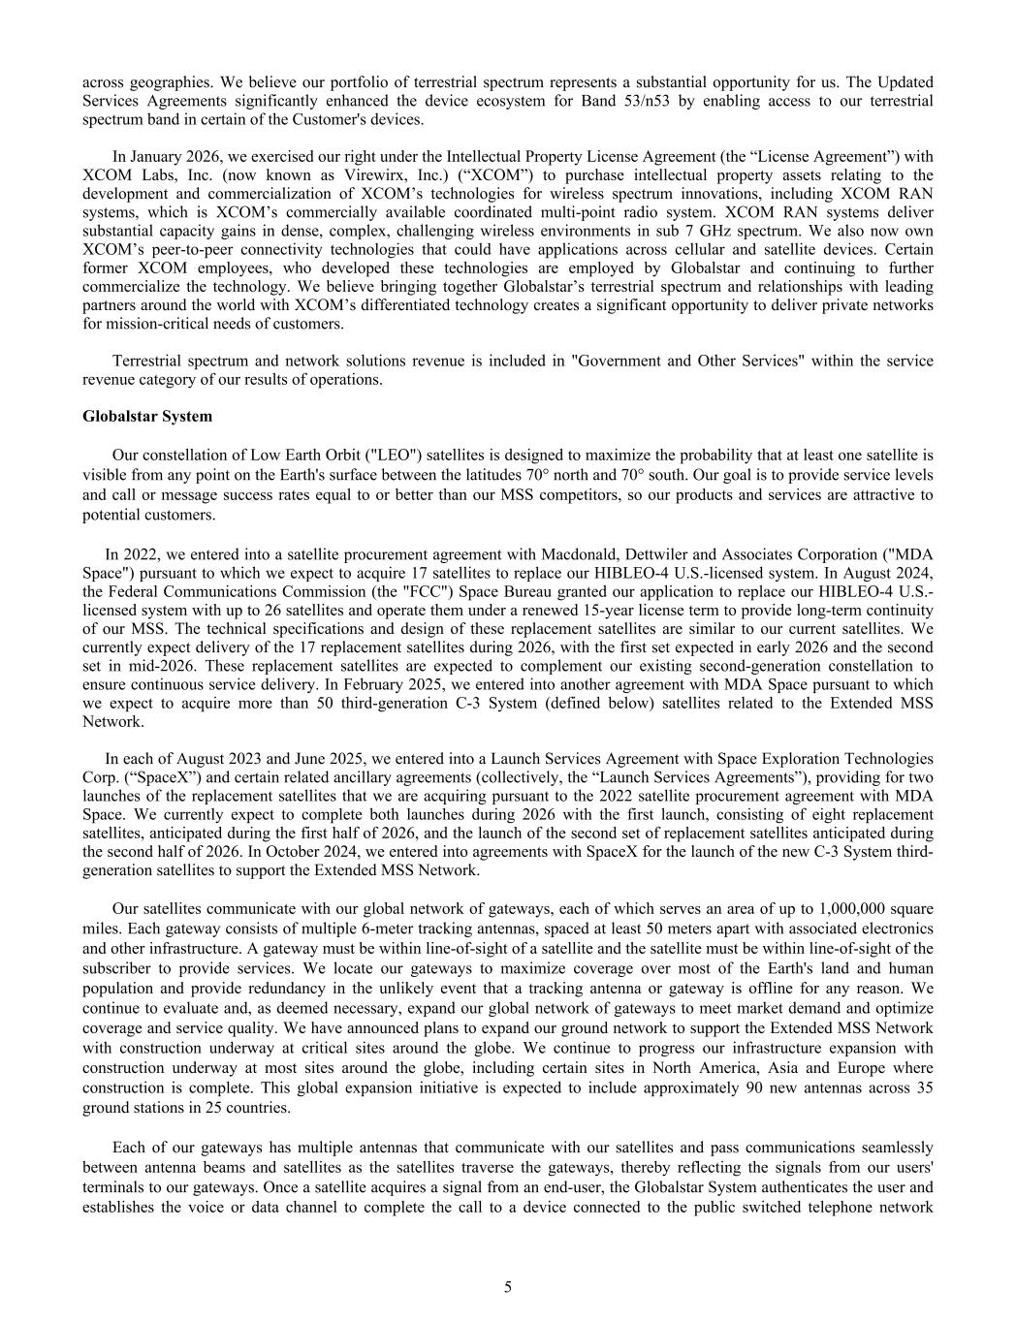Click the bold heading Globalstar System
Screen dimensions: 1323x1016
click(x=147, y=417)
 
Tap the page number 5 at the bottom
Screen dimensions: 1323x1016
click(x=507, y=1286)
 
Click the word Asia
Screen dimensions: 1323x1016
click(x=738, y=1069)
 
